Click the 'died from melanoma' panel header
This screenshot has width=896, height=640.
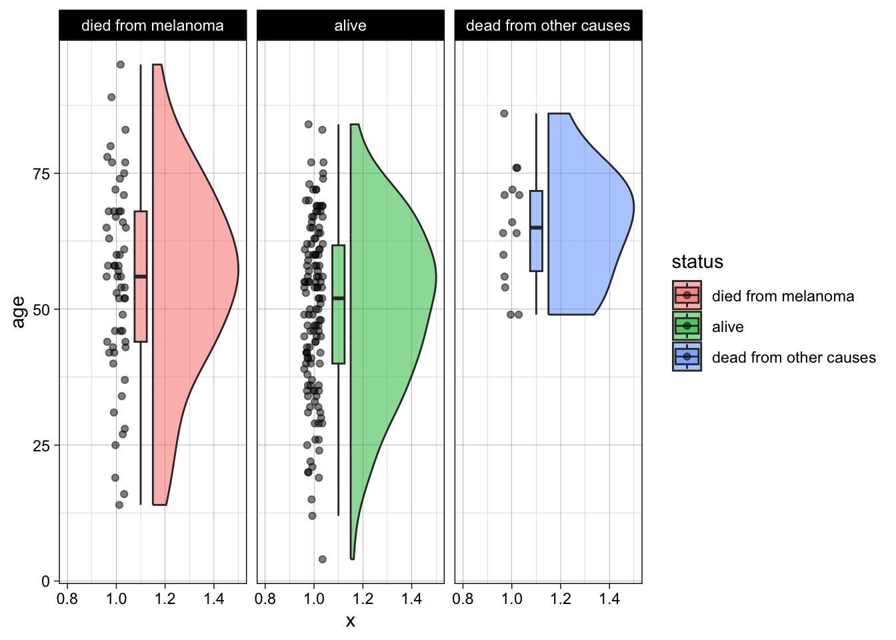pos(152,26)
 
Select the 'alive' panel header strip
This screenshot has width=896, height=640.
pos(350,26)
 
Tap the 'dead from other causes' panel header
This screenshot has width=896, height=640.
pos(548,26)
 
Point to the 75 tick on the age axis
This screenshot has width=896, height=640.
pos(41,174)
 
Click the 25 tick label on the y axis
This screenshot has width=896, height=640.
pos(41,445)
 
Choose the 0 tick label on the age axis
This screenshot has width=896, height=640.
pos(46,581)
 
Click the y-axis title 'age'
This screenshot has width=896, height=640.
pos(18,311)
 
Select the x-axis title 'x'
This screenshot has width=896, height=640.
pos(350,621)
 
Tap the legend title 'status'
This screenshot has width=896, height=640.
pos(697,262)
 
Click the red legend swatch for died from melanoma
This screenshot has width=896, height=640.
pos(687,295)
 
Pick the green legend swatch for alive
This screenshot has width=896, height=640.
pos(687,326)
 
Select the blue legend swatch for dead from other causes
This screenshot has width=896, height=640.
pos(687,357)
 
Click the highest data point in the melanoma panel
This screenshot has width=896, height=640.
pos(121,65)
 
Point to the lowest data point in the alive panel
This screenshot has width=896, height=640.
pos(323,559)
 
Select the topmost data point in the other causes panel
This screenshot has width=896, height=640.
pos(504,113)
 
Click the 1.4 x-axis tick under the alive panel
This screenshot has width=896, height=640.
pos(411,599)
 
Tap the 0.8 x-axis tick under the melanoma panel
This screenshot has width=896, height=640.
pos(67,599)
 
